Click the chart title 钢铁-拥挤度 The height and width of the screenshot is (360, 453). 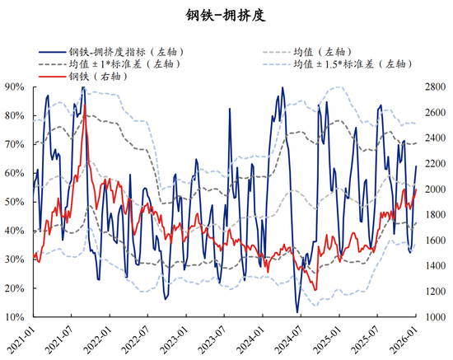coord(226,16)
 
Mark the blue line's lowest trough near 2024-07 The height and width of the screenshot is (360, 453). coord(297,312)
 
